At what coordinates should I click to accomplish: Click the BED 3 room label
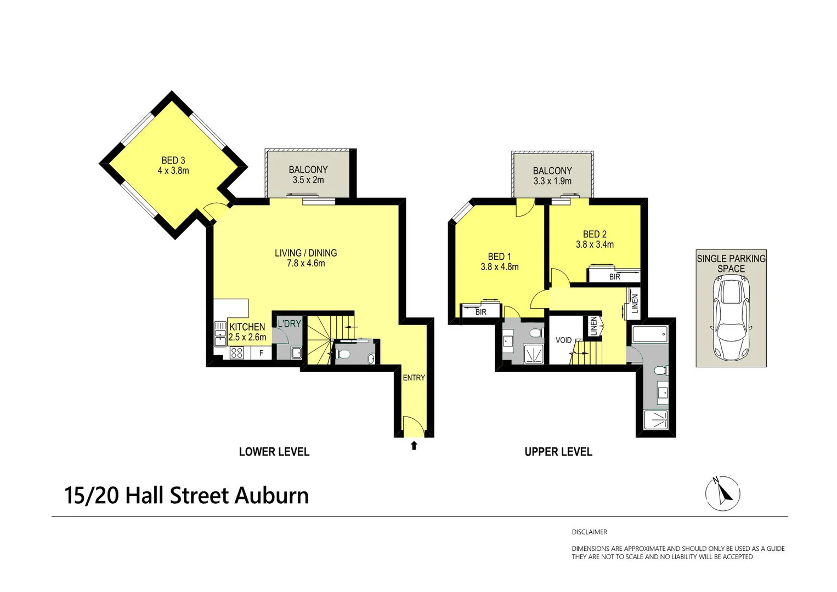pos(173,160)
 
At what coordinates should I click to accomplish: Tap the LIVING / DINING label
pos(306,253)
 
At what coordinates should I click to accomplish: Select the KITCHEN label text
pos(247,327)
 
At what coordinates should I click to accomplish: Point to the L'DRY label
pos(289,323)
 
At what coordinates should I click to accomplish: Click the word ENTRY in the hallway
pos(414,378)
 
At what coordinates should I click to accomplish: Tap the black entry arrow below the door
pos(414,445)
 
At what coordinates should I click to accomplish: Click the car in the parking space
pos(731,318)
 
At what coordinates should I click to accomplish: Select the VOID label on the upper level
pos(563,340)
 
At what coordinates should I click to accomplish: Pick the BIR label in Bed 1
pos(481,312)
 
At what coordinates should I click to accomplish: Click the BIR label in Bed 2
pos(615,277)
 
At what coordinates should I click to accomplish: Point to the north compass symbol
pos(723,493)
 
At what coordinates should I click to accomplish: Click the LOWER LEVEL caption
pos(274,452)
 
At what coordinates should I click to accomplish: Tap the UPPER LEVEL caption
pos(558,452)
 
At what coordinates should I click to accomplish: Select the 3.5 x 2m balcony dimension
pos(308,180)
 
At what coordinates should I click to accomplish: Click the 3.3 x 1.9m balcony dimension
pos(552,181)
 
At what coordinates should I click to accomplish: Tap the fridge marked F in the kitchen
pos(261,353)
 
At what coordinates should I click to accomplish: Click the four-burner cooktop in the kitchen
pos(236,353)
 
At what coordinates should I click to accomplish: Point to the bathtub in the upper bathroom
pos(650,334)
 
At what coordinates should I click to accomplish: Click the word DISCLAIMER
pos(589,532)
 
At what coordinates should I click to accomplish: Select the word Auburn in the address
pos(272,496)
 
